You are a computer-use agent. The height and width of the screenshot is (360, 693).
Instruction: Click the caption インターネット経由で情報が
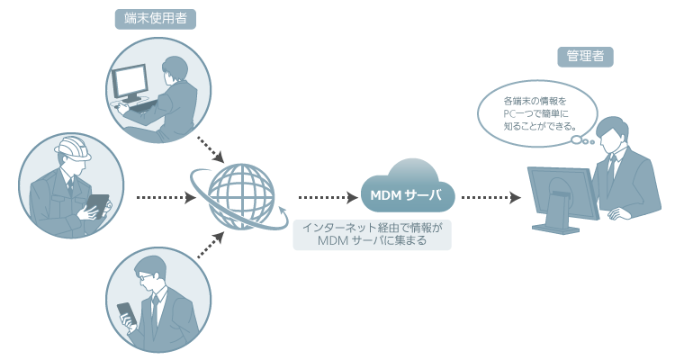(x=373, y=228)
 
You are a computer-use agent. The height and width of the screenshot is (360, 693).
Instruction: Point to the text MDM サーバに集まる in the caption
(x=373, y=241)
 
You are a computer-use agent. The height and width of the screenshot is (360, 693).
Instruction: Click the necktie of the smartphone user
(x=155, y=311)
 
